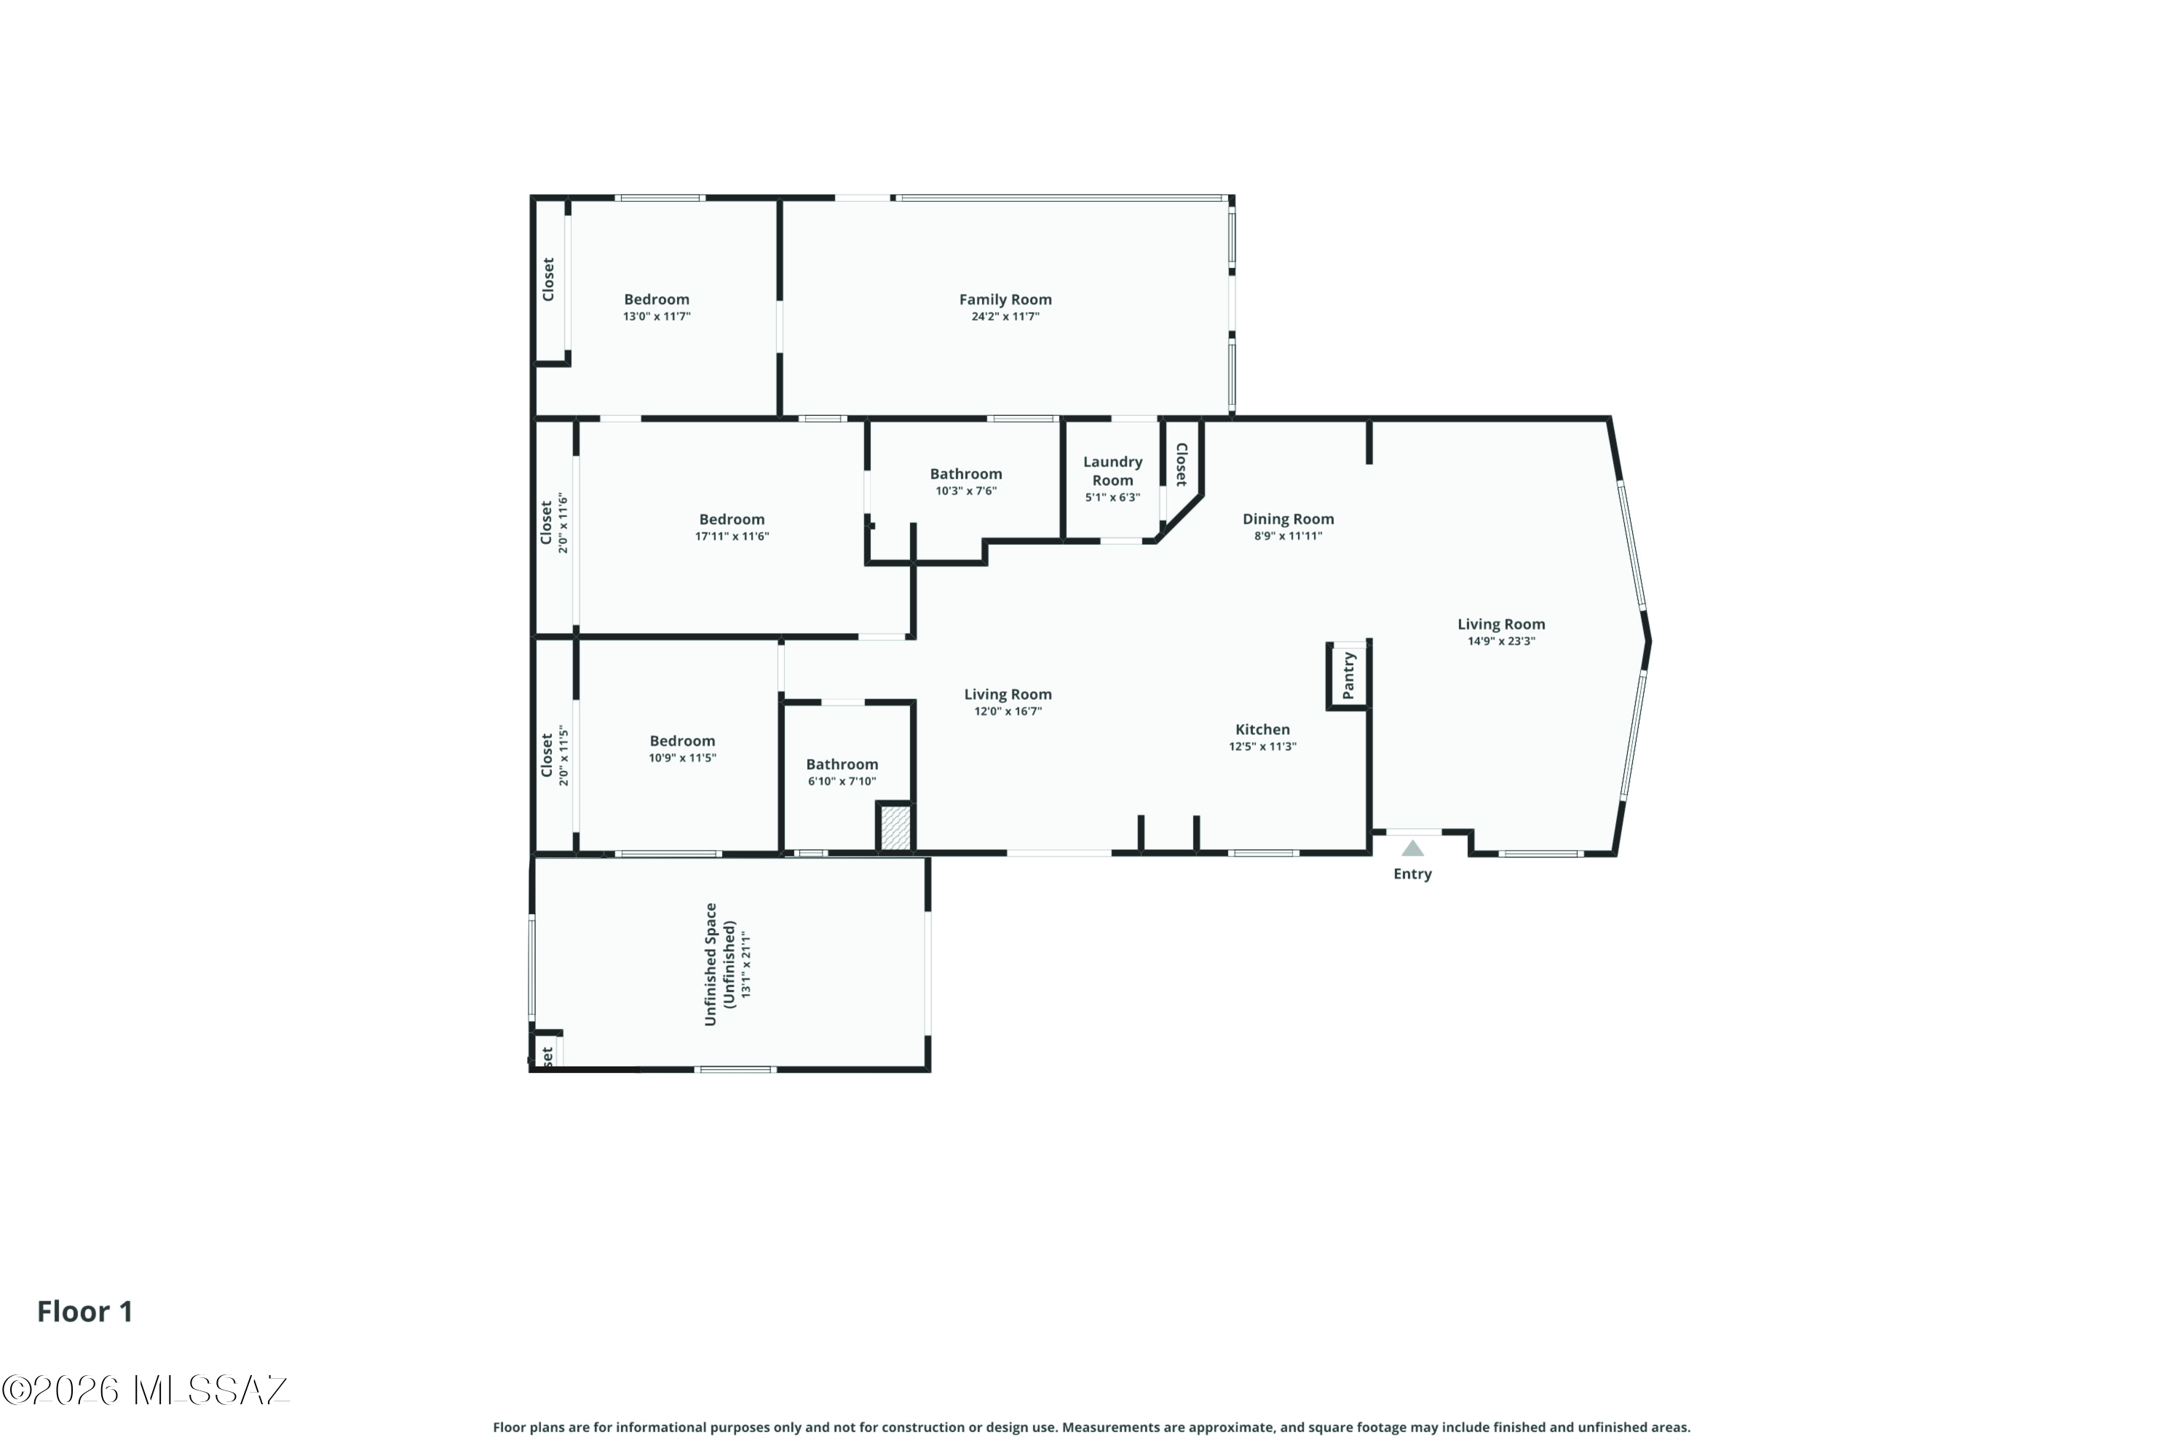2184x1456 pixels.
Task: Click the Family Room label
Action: (1005, 300)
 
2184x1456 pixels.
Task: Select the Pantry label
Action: (1349, 675)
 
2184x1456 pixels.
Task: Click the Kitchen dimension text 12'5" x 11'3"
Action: (1262, 747)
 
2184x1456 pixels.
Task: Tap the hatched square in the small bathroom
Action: (895, 828)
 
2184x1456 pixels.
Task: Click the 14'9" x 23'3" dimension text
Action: (1501, 641)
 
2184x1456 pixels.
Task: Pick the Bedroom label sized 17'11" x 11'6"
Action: (732, 520)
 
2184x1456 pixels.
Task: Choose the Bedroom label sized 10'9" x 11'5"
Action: (682, 741)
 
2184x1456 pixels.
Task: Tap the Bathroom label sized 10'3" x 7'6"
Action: (965, 474)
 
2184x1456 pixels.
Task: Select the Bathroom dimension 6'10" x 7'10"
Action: (842, 782)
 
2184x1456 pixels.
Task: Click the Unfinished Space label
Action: (711, 964)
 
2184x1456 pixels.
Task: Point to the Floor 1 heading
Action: (85, 1311)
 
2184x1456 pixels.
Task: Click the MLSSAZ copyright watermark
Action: (146, 1390)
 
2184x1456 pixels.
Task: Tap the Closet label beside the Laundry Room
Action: (1182, 464)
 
